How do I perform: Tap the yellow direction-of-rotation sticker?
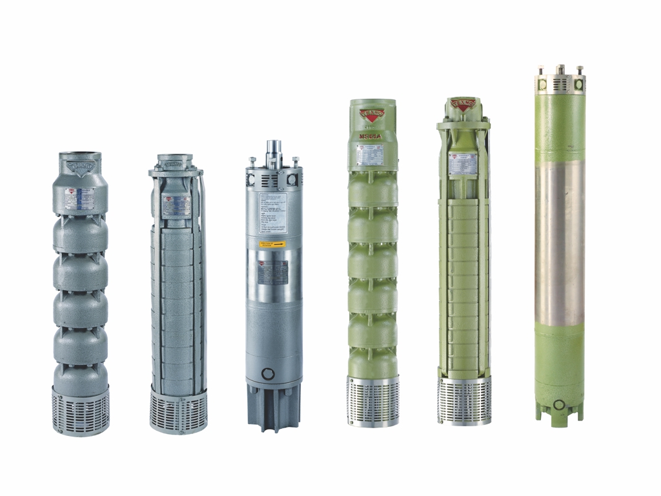point(273,244)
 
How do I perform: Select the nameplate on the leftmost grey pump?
point(80,198)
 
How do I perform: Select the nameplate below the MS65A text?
point(370,154)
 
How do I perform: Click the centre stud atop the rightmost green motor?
point(560,69)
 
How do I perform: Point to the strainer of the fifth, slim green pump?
point(463,400)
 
